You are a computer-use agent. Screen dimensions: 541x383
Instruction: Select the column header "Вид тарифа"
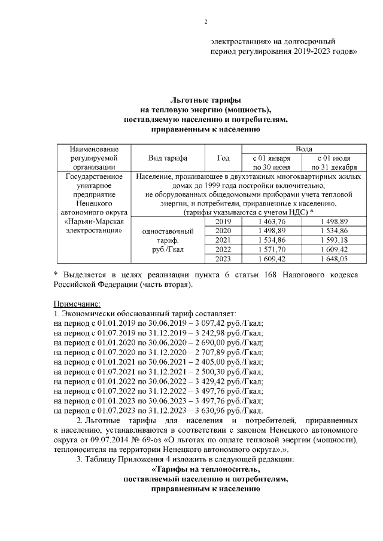click(x=168, y=158)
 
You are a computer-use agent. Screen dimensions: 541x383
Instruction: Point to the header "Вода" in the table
click(x=303, y=148)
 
